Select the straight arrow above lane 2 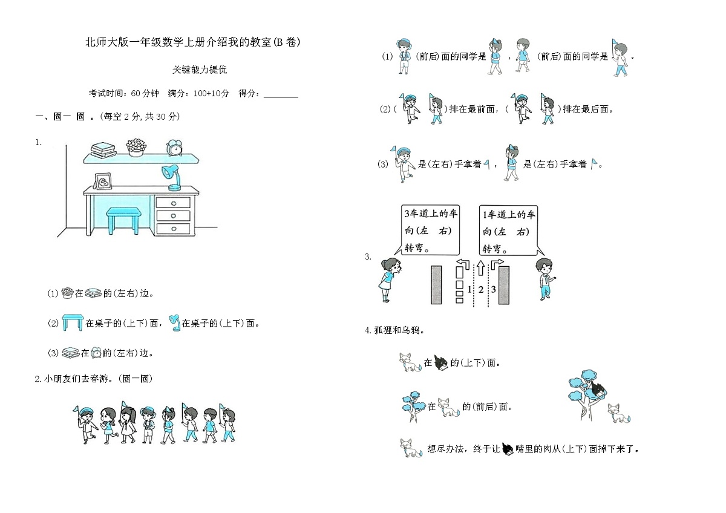pyautogui.click(x=480, y=267)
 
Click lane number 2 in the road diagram pyautogui.click(x=480, y=289)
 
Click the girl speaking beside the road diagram pyautogui.click(x=388, y=279)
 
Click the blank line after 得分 pyautogui.click(x=281, y=94)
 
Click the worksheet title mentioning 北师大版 pyautogui.click(x=192, y=42)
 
